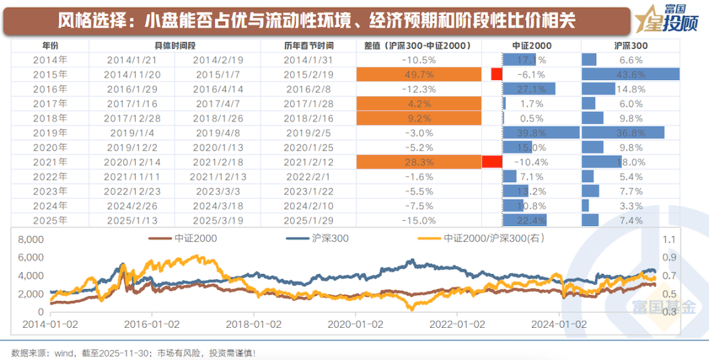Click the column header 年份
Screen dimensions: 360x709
(x=50, y=46)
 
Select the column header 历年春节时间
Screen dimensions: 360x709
(x=308, y=46)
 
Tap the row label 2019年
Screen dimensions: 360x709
(x=50, y=133)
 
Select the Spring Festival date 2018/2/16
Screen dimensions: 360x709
(x=308, y=118)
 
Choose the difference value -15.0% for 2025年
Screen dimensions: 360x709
(x=418, y=219)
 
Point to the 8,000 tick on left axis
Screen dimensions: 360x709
(x=31, y=240)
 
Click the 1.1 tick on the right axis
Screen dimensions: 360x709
(x=670, y=240)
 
